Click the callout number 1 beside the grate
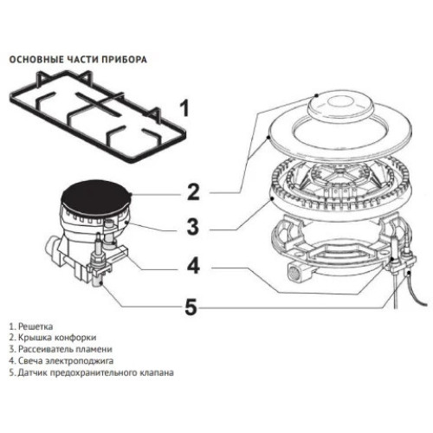point(184,108)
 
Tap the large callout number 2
point(193,192)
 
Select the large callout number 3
point(193,226)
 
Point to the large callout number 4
point(193,266)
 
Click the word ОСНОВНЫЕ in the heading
point(34,60)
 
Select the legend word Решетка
point(36,326)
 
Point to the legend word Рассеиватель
point(45,349)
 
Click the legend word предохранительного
point(94,372)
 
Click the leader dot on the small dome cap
point(317,95)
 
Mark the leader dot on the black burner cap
point(130,194)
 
